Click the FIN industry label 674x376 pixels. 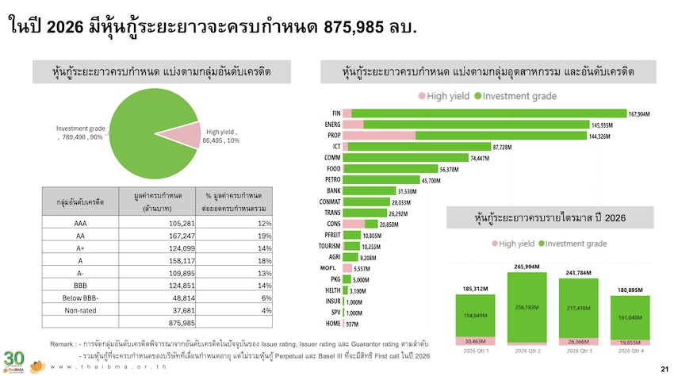335,113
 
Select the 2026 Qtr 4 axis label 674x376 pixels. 630,351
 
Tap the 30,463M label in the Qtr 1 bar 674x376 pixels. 473,341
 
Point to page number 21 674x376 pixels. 664,368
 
